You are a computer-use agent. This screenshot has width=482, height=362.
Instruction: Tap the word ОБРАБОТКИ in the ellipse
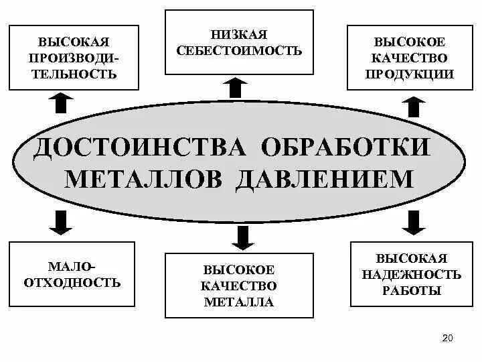[346, 145]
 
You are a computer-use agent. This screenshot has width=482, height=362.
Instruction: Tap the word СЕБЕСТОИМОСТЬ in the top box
[239, 50]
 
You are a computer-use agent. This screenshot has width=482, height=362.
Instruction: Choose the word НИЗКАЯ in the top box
[239, 34]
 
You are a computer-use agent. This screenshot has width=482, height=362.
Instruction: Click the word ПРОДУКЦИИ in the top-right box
[409, 74]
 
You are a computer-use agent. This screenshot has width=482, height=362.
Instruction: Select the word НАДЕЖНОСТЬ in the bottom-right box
[412, 274]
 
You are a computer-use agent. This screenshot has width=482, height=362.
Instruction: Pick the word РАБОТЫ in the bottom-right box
[412, 290]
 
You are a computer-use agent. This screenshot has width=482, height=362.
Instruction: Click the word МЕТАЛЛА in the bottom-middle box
[239, 302]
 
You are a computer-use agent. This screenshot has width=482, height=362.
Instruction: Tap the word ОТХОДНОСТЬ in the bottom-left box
[72, 282]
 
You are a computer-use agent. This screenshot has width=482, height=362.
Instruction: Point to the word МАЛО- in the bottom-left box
[72, 266]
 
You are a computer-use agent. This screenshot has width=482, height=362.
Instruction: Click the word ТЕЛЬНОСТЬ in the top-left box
[74, 74]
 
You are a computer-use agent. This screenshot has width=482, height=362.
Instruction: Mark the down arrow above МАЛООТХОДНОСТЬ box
[62, 222]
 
